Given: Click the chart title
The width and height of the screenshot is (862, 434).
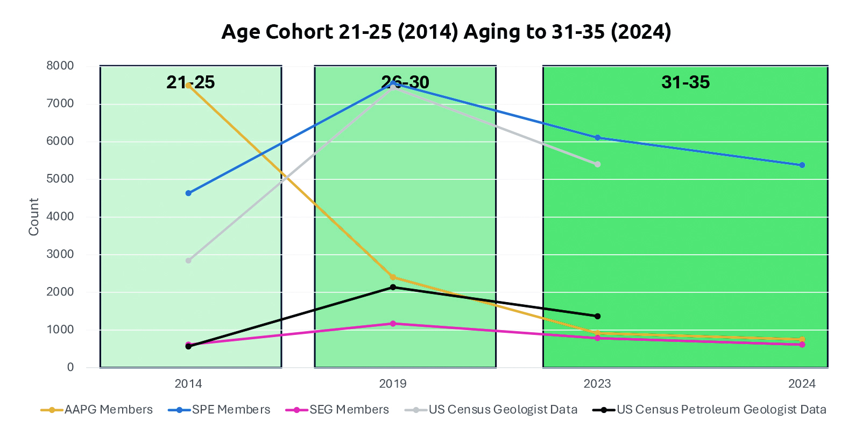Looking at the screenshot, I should [446, 32].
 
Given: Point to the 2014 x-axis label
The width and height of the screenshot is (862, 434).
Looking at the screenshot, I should [188, 384].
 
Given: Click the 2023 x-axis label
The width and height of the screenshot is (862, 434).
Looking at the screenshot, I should [597, 384].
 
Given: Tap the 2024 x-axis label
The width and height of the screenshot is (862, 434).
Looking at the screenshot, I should [802, 384].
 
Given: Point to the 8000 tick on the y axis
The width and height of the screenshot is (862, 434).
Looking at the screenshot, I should [60, 66].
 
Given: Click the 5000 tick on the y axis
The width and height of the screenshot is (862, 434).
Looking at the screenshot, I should [60, 179].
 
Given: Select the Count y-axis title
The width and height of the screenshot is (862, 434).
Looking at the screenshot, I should [34, 216].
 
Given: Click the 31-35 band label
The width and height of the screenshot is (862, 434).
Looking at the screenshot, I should [686, 82].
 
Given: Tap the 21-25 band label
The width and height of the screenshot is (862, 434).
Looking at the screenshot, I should [190, 82].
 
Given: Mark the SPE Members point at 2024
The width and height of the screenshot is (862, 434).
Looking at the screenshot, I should [802, 165].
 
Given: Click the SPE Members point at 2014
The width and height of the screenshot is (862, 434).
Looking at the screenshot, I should [188, 193].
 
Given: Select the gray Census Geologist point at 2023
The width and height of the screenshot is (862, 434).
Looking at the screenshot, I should [598, 164].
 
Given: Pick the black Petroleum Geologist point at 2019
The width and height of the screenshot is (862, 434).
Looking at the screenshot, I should [393, 288].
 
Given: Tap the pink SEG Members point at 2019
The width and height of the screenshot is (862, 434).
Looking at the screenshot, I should [393, 324].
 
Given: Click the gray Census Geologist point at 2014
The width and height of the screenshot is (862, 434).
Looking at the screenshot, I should [188, 261].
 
